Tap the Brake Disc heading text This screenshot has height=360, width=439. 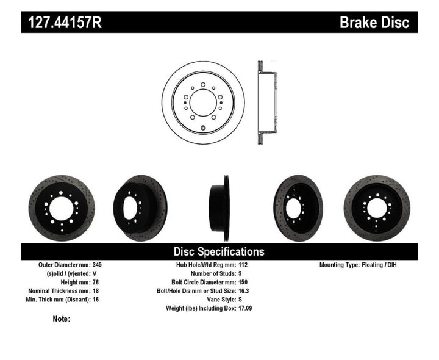click(x=374, y=23)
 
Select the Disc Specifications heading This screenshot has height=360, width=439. click(x=219, y=251)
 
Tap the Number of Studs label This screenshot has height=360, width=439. click(x=208, y=274)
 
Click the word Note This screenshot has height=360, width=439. click(x=60, y=319)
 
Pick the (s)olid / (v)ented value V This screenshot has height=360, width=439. click(x=95, y=274)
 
